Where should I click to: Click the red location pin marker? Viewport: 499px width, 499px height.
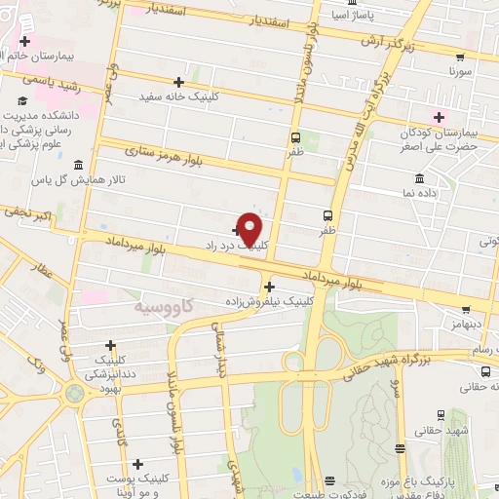pyautogui.click(x=250, y=228)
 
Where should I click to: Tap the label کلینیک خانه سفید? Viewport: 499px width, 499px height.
pyautogui.click(x=179, y=96)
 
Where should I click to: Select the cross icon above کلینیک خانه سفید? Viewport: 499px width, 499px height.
pyautogui.click(x=177, y=82)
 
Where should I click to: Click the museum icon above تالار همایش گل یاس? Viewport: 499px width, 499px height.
pyautogui.click(x=77, y=164)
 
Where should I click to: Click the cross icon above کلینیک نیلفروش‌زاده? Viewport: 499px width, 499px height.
pyautogui.click(x=269, y=287)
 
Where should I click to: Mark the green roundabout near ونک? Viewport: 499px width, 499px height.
pyautogui.click(x=75, y=393)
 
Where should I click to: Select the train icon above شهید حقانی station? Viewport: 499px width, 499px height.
pyautogui.click(x=441, y=414)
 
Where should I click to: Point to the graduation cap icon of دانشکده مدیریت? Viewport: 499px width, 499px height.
pyautogui.click(x=21, y=100)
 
